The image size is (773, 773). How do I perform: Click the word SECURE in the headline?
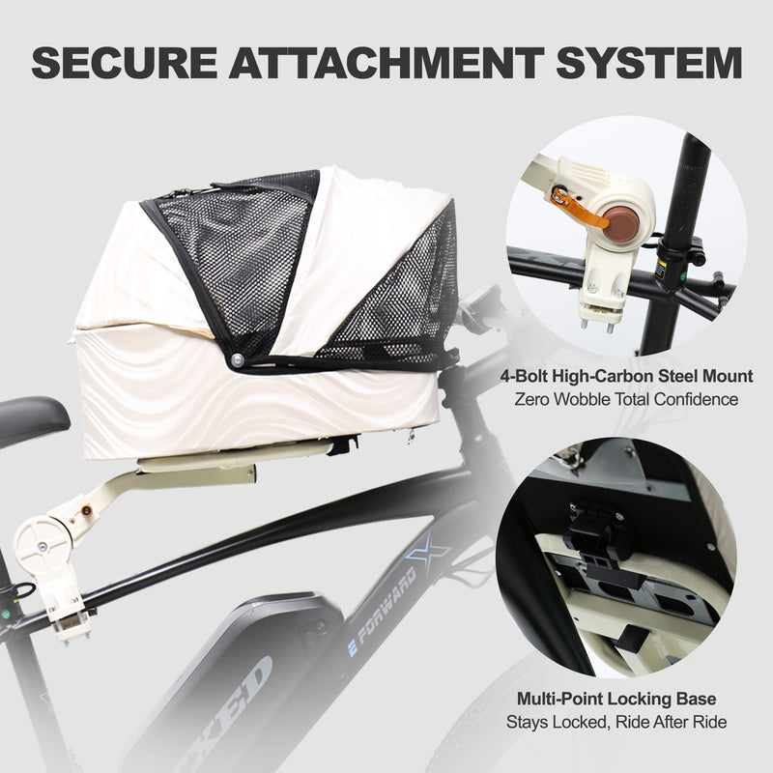125,63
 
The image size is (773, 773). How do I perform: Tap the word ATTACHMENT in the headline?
386,63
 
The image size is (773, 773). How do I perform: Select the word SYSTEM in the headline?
649,63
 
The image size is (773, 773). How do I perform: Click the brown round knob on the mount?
620,224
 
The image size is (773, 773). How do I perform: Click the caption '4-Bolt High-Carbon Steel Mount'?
626,376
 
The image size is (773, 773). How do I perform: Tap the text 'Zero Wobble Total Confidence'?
626,399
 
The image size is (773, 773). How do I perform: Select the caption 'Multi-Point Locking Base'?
616,699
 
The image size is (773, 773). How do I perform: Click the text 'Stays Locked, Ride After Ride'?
616,722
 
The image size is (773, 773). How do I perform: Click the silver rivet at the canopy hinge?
237,358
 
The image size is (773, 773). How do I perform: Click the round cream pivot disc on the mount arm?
42,545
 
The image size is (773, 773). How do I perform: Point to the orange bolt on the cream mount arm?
86,510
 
